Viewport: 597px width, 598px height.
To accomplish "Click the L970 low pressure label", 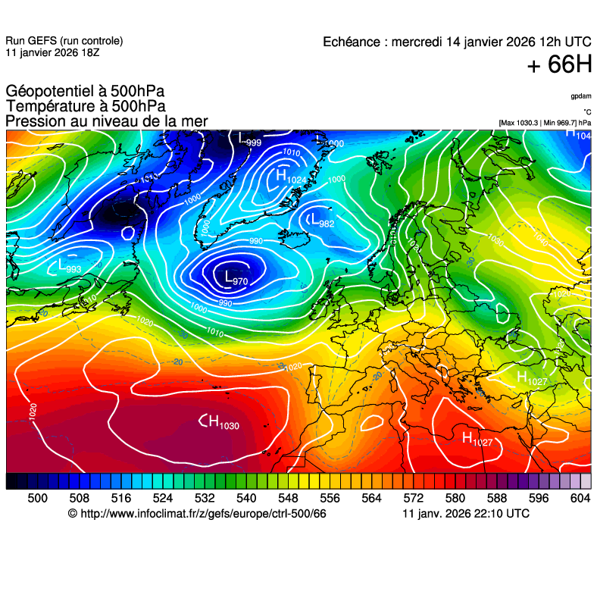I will (x=236, y=279).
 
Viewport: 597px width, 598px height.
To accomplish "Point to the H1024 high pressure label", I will (x=291, y=177).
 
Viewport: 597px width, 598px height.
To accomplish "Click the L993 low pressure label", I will (x=69, y=266).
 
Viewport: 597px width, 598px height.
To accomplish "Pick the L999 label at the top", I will (x=250, y=139).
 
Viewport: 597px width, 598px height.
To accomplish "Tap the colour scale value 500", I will (x=37, y=498).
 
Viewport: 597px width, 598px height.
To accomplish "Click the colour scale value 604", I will (x=580, y=498).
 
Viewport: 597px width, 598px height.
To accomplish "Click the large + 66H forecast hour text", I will (x=559, y=65).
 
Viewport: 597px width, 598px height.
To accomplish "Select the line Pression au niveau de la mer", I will (x=106, y=121).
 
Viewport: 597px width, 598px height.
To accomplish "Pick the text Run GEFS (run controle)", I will (x=64, y=41).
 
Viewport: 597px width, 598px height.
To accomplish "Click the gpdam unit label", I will (x=581, y=96).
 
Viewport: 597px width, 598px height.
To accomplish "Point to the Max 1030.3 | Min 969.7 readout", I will (x=545, y=122).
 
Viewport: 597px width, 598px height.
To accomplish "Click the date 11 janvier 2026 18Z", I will (x=52, y=53).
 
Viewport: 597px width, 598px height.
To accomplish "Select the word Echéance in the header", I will (x=353, y=42).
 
